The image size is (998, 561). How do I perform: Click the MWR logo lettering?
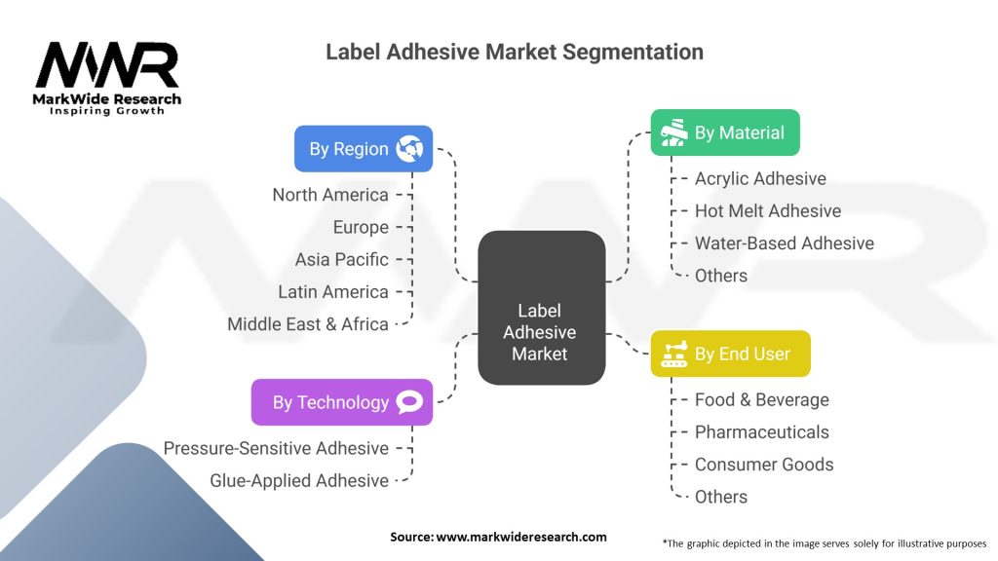tap(107, 65)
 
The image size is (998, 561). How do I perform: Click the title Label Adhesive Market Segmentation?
tap(515, 52)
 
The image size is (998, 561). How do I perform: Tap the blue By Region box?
tap(364, 149)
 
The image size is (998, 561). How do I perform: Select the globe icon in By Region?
tap(409, 149)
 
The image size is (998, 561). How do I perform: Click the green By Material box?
tap(725, 132)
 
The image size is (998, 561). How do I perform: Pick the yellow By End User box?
tap(731, 354)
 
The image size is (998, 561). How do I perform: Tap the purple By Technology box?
tap(342, 402)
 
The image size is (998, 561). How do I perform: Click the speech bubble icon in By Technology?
tap(409, 402)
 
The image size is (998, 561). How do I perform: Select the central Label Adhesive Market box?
tap(542, 308)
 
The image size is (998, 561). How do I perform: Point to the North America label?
tap(330, 195)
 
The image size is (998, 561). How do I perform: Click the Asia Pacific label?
tap(342, 259)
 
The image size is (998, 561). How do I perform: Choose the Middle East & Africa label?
tap(308, 324)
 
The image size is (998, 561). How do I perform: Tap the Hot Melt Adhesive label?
tap(768, 210)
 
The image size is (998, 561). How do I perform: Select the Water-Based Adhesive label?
tap(785, 243)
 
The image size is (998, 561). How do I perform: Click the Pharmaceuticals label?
tap(762, 431)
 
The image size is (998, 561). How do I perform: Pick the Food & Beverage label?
tap(762, 399)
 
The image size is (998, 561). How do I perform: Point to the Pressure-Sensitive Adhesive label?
tap(276, 448)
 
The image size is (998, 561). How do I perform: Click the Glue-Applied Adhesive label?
tap(299, 481)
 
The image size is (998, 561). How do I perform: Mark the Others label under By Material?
tap(721, 276)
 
